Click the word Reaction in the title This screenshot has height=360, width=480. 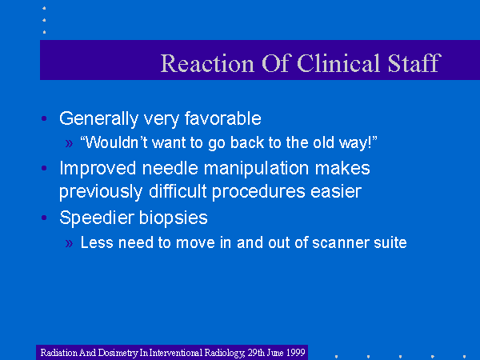[207, 63]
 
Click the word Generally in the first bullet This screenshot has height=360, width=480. [99, 119]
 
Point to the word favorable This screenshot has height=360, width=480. [223, 118]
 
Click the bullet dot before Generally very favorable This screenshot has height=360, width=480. [44, 118]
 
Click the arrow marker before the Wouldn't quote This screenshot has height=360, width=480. [69, 143]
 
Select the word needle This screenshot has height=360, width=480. [170, 168]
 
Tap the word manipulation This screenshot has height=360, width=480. [257, 170]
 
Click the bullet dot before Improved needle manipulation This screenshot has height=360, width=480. [44, 168]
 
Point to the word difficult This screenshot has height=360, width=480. [178, 192]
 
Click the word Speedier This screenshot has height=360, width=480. [97, 218]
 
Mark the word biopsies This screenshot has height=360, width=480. [174, 218]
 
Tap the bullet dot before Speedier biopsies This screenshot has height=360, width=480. [44, 218]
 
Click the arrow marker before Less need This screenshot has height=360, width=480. [69, 243]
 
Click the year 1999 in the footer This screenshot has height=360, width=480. [295, 353]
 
